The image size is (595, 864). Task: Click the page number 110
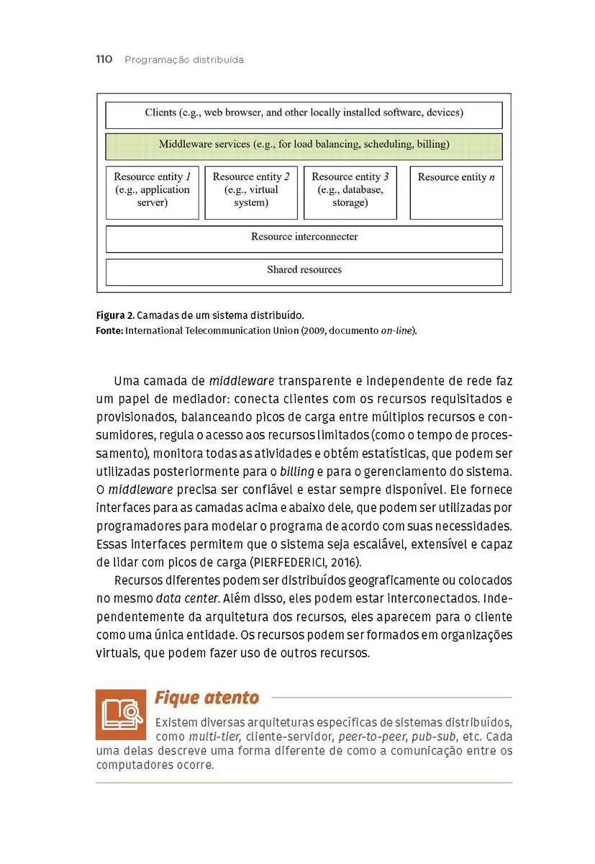point(104,60)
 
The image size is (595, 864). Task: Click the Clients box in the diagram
point(304,114)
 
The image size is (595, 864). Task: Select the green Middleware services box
point(304,145)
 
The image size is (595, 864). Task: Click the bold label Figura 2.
point(114,316)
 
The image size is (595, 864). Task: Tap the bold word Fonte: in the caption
point(109,330)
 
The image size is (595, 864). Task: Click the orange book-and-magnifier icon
point(121,714)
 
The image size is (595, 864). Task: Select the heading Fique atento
point(206,698)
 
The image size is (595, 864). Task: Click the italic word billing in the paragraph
point(296,471)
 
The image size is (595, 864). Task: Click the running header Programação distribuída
point(184,60)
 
